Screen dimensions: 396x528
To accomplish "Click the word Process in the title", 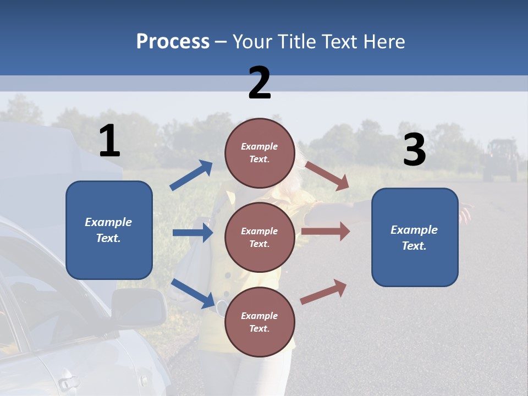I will pyautogui.click(x=173, y=41).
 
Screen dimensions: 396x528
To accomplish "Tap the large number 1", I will pyautogui.click(x=109, y=141).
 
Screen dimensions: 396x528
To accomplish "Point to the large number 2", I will pyautogui.click(x=260, y=82).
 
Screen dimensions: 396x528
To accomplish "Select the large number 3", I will pyautogui.click(x=414, y=150).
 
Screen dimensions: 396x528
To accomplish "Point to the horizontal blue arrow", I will pyautogui.click(x=193, y=233).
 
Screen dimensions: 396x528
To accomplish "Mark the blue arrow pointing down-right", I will pyautogui.click(x=193, y=293).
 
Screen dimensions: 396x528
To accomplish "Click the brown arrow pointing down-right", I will pyautogui.click(x=327, y=176).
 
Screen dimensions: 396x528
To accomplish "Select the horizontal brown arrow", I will pyautogui.click(x=326, y=231).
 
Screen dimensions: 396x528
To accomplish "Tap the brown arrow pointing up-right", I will pyautogui.click(x=324, y=291).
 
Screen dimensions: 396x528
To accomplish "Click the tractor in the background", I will pyautogui.click(x=501, y=160).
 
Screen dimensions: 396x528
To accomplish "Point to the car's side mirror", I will pyautogui.click(x=139, y=307).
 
